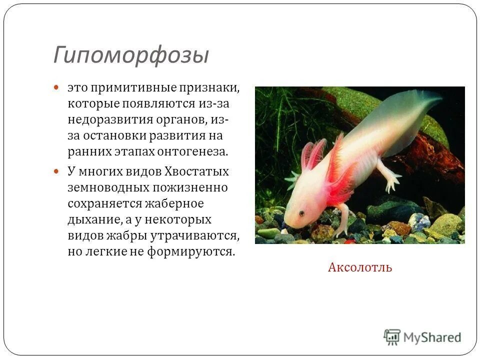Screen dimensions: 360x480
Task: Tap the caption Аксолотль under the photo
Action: (360, 267)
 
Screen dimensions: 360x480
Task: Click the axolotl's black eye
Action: (301, 213)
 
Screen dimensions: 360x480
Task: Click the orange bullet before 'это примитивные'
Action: (56, 87)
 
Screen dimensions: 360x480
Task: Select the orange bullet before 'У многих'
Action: (56, 171)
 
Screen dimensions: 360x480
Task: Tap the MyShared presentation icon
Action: (392, 336)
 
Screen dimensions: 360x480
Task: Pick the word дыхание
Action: (93, 219)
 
